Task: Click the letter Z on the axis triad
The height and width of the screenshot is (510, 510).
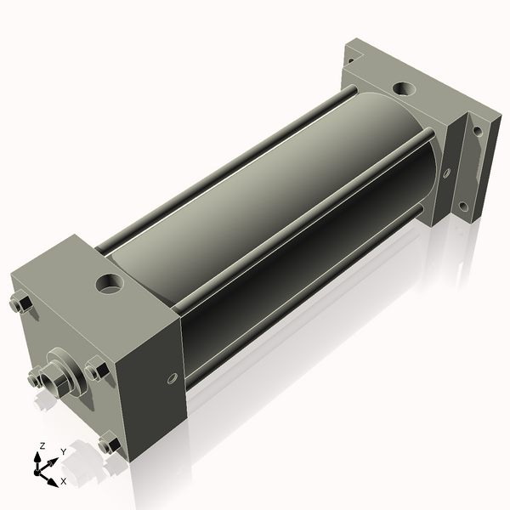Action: point(42,446)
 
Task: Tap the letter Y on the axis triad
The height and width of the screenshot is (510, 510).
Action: point(64,452)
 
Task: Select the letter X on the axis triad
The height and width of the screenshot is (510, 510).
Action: point(64,481)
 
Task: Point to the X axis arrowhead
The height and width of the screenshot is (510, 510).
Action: point(53,483)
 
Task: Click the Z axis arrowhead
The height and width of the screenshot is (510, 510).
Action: point(37,457)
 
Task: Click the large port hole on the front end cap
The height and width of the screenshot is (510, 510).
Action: point(110,284)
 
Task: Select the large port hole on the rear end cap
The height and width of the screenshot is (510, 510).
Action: point(405,88)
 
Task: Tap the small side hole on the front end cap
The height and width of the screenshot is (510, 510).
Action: point(172,378)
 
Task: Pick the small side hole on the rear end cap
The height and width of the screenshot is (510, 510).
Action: point(446,173)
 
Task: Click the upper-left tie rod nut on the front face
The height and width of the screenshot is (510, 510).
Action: point(20,303)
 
